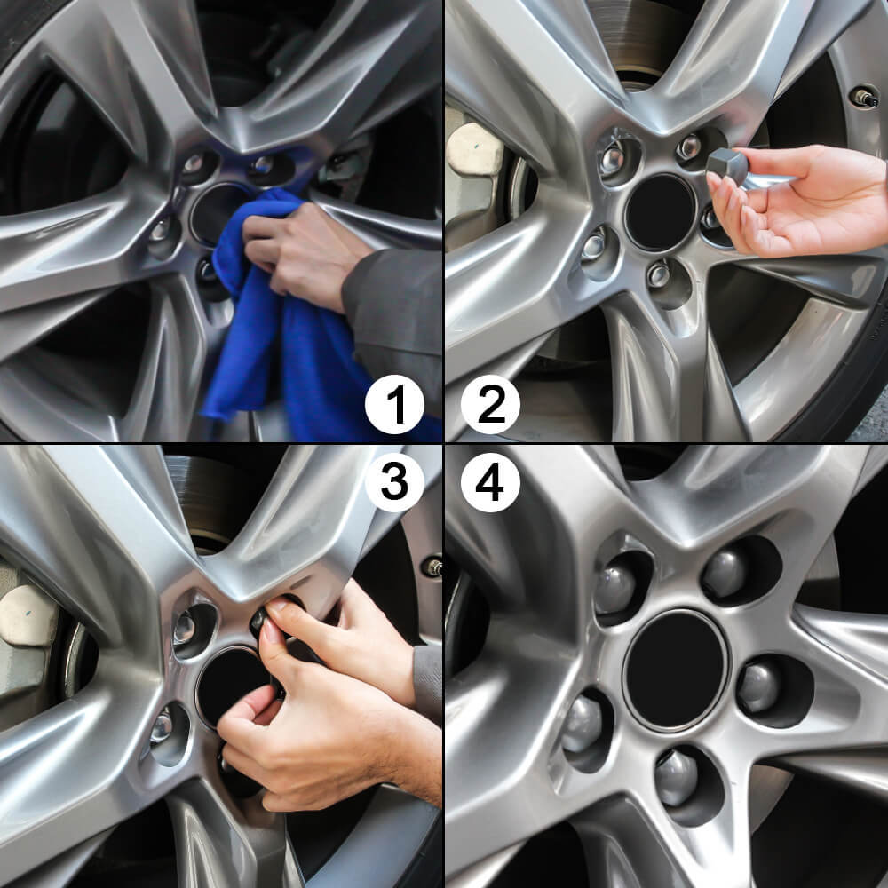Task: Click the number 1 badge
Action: click(x=394, y=405)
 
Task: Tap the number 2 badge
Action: click(x=490, y=405)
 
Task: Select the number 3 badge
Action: click(x=394, y=482)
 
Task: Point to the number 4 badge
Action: click(x=490, y=482)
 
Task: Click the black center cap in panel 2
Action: click(x=659, y=212)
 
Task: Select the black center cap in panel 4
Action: click(x=676, y=669)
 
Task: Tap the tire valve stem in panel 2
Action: click(x=864, y=97)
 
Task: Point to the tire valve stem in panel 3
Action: click(x=432, y=566)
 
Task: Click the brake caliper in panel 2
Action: click(x=474, y=151)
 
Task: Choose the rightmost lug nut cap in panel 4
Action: click(x=759, y=686)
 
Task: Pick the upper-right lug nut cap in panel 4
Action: click(x=725, y=573)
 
